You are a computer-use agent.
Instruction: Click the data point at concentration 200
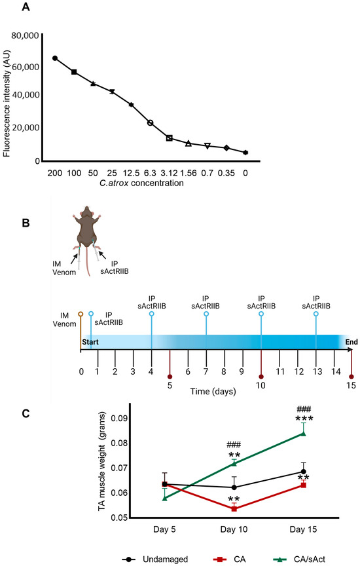click(55, 58)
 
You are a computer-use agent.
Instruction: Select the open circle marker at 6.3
click(150, 123)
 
